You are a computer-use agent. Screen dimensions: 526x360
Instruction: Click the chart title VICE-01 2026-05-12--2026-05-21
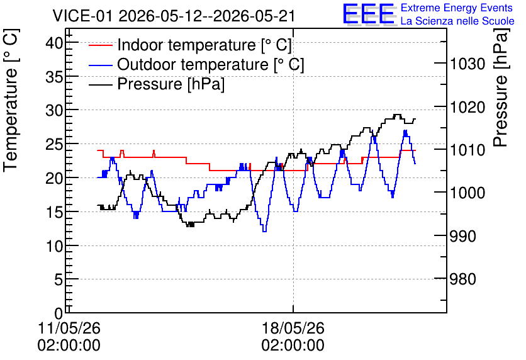tap(174, 16)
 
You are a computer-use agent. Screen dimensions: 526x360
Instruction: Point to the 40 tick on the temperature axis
tap(55, 43)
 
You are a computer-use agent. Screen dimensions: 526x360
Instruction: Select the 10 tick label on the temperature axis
tap(55, 247)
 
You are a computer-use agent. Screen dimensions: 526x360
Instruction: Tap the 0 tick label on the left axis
tap(59, 314)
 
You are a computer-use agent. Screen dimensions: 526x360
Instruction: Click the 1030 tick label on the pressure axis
tap(467, 64)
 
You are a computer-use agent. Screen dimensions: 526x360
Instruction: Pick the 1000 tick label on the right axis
tap(467, 193)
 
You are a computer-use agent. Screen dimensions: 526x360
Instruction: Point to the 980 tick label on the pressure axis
tap(462, 278)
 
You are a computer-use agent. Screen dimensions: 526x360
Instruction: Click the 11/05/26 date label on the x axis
tap(69, 328)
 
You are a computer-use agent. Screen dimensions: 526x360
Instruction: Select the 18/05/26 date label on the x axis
tap(293, 328)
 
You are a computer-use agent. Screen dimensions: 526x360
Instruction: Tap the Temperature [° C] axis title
tap(11, 100)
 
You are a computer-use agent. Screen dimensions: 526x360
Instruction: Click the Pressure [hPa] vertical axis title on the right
tap(501, 87)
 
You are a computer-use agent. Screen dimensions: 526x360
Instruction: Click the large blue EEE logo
tap(369, 14)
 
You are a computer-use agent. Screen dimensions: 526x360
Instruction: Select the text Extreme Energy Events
tap(457, 8)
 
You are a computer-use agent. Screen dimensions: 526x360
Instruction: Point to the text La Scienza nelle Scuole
tap(457, 21)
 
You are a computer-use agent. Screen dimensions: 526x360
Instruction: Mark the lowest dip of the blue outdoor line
tap(264, 231)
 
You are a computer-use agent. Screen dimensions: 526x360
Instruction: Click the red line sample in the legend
tap(100, 45)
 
